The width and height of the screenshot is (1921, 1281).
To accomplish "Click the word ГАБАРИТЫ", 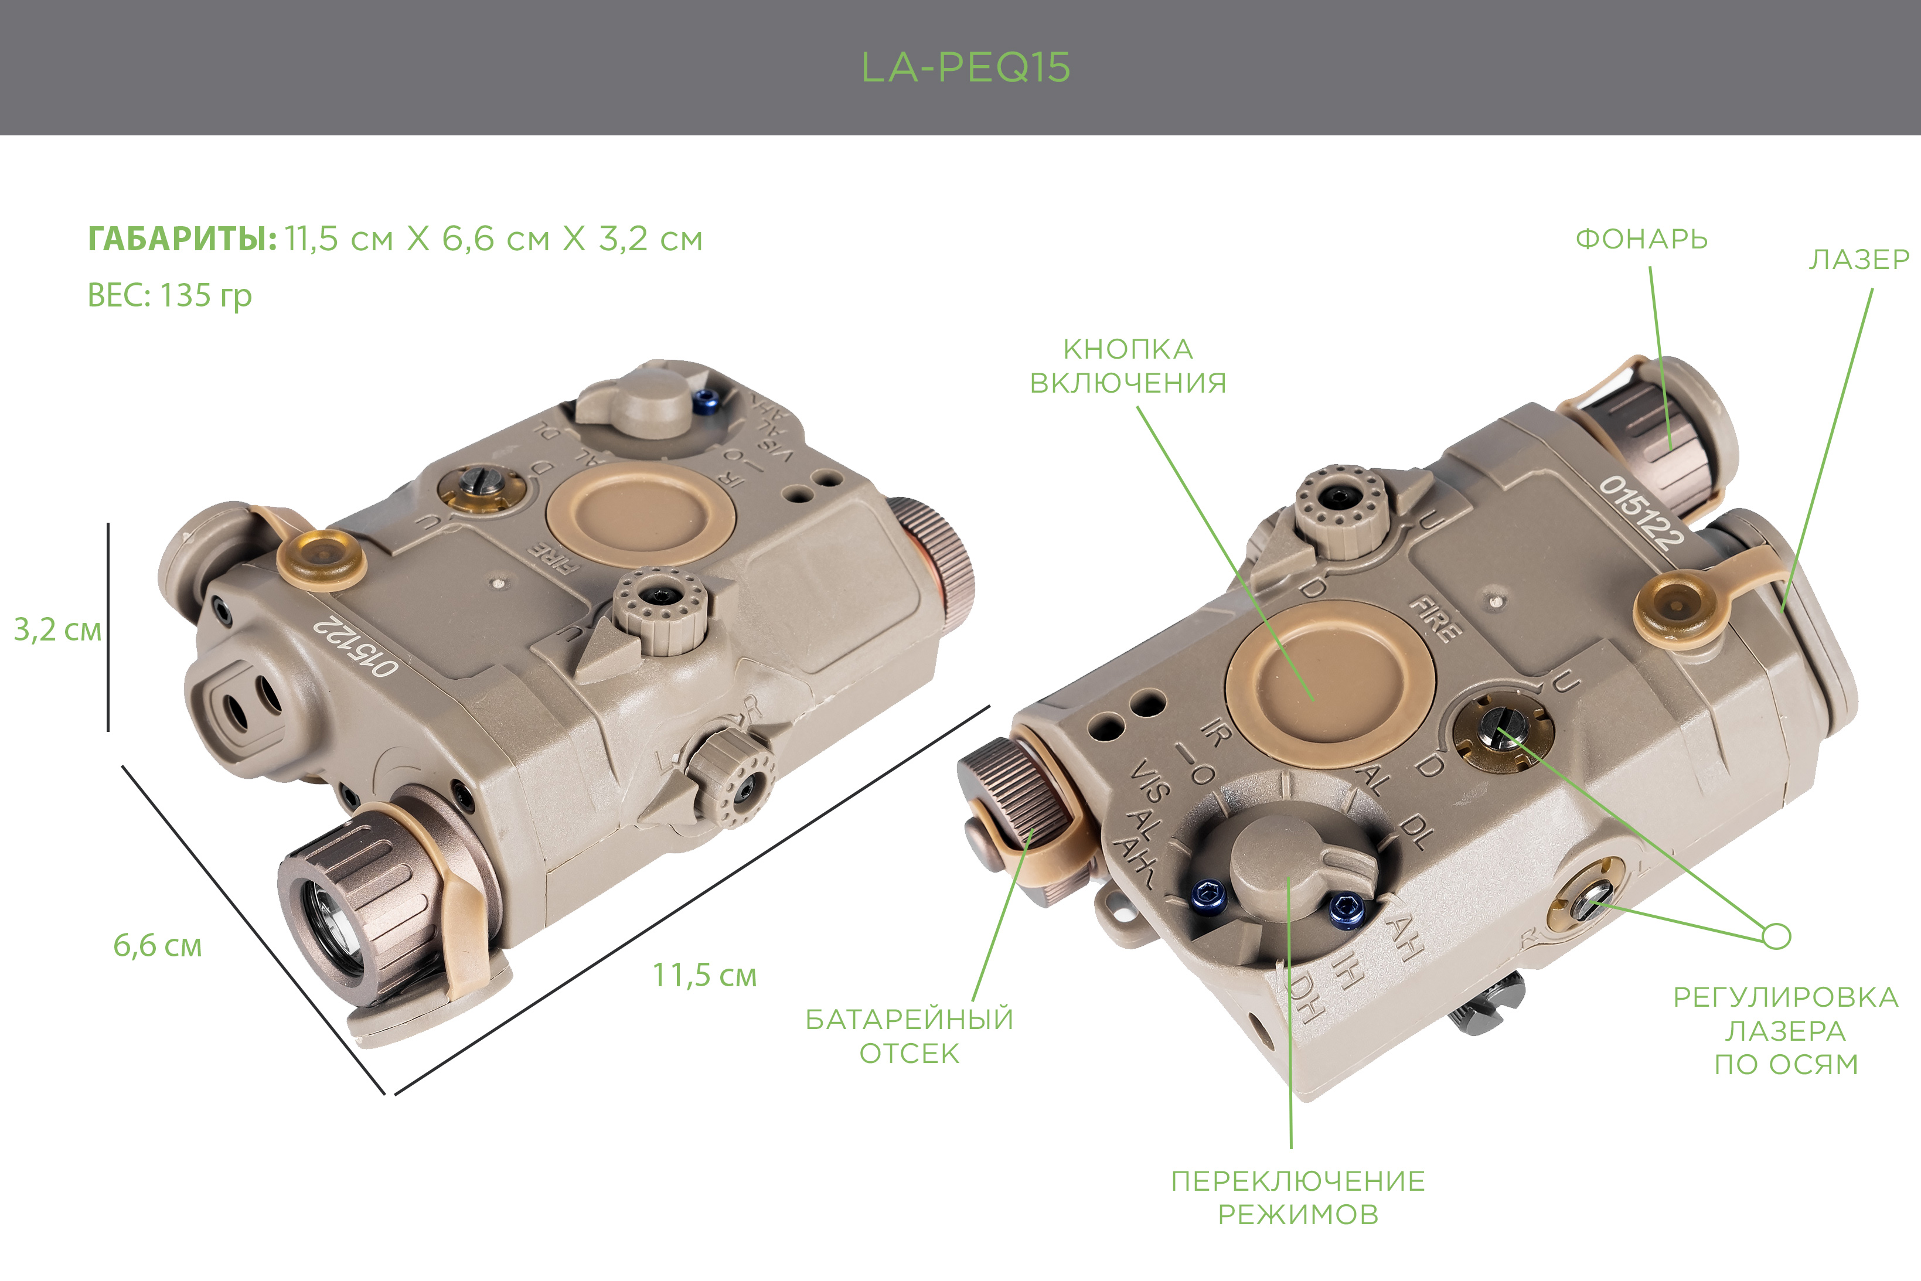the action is coord(182,239).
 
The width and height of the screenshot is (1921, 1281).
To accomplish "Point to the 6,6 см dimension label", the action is coord(157,945).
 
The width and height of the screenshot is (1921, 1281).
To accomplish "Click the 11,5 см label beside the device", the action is coord(704,975).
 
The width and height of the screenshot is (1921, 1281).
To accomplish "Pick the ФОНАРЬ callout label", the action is coord(1641,239).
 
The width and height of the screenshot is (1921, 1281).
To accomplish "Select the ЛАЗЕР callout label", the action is coord(1859,259).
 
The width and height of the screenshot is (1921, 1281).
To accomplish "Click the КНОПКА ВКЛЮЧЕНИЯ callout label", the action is coord(1128,366).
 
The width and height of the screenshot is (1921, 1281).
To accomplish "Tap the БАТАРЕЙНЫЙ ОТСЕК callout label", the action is coord(909,1036).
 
